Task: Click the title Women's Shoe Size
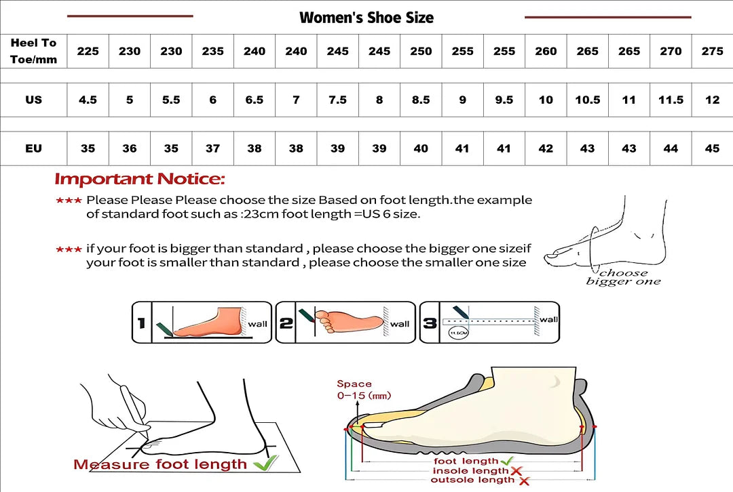click(x=366, y=18)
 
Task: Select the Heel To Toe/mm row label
click(x=34, y=51)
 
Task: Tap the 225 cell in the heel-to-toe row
click(x=88, y=51)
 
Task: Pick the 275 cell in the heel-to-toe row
click(x=712, y=51)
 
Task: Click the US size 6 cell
click(x=212, y=100)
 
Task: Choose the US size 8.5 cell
click(x=421, y=100)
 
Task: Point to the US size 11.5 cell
click(x=671, y=100)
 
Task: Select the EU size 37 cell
click(x=212, y=148)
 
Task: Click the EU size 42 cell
click(x=546, y=148)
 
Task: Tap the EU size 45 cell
click(x=712, y=148)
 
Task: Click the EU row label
click(x=34, y=148)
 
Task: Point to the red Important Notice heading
click(x=140, y=179)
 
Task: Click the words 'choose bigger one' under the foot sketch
click(x=624, y=276)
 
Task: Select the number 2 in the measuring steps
click(x=286, y=323)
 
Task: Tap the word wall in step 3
click(x=549, y=319)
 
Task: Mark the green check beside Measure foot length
click(x=265, y=463)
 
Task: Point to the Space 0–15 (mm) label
click(x=364, y=390)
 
